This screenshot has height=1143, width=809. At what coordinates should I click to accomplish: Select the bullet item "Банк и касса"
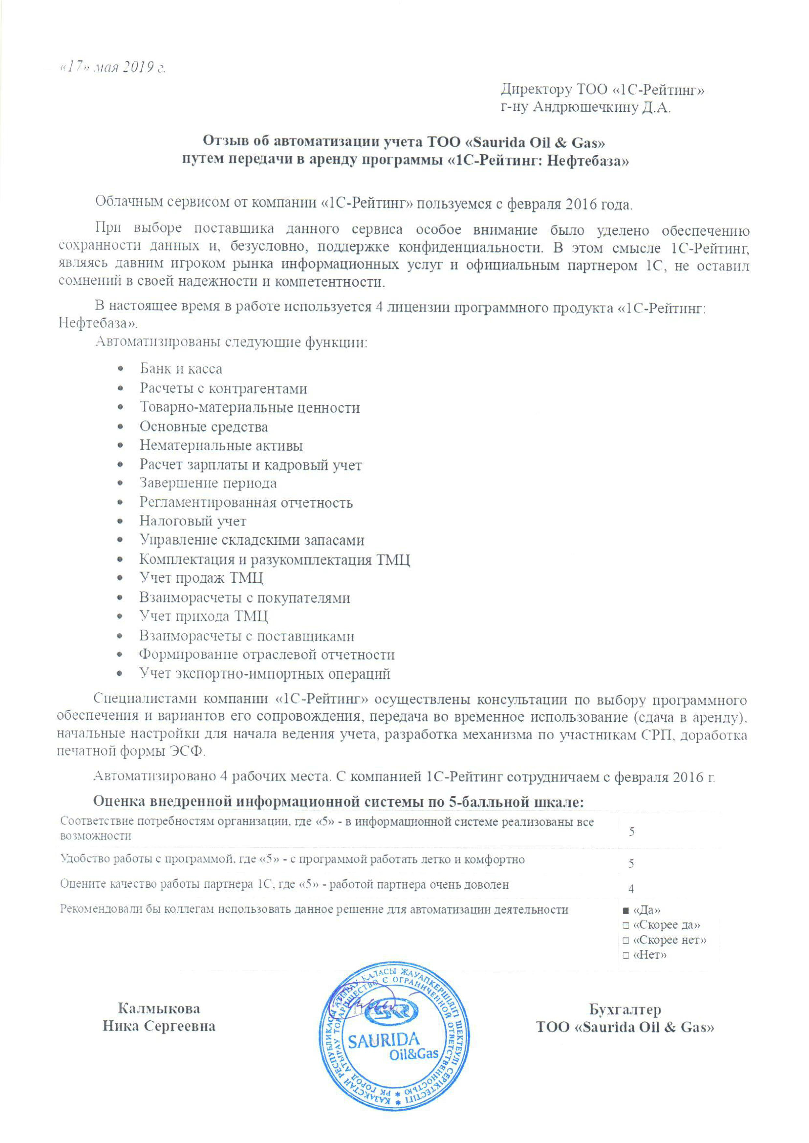[x=181, y=369]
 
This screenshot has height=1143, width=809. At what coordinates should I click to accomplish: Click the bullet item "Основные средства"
[x=204, y=427]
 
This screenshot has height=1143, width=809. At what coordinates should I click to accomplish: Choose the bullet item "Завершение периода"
[x=208, y=483]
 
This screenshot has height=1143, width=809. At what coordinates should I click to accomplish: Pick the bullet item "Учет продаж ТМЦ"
[x=201, y=578]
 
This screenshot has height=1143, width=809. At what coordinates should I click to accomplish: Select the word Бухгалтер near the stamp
[x=625, y=1010]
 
